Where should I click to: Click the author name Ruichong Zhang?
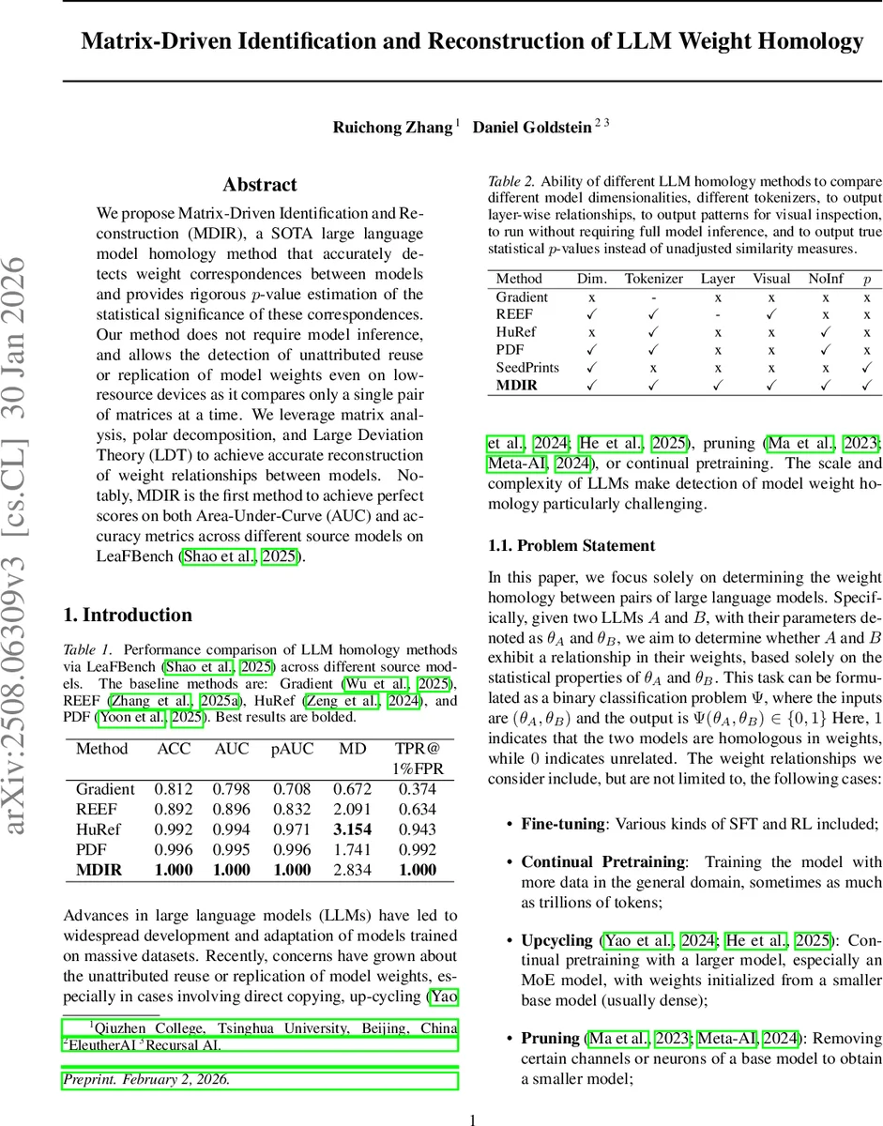click(x=392, y=128)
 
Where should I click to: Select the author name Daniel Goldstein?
click(x=531, y=128)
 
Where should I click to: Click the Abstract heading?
click(x=260, y=185)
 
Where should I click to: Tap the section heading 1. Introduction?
click(x=127, y=616)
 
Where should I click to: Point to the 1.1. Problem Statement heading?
click(x=571, y=545)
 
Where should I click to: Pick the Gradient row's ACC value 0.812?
click(x=174, y=789)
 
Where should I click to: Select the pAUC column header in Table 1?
click(x=292, y=750)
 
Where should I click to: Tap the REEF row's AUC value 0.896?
click(x=233, y=809)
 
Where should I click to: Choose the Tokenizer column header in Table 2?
click(x=654, y=279)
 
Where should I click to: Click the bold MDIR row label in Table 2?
click(x=518, y=385)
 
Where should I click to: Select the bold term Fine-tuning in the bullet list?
click(x=562, y=824)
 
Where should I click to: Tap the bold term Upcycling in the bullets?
click(x=557, y=939)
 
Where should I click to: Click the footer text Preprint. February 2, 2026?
click(x=146, y=1079)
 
